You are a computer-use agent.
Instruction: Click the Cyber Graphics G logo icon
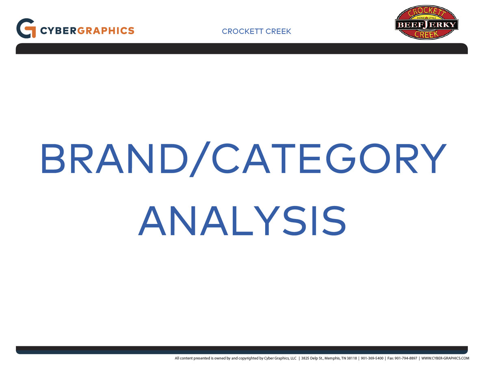click(26, 28)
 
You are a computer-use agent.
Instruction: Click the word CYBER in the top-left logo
click(58, 31)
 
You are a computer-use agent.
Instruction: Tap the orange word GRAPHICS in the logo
click(106, 31)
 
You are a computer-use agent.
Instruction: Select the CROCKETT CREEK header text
click(257, 31)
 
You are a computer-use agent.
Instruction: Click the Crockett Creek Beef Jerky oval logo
click(426, 22)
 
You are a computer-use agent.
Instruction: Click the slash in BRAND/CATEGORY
click(200, 159)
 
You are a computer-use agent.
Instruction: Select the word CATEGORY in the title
click(329, 158)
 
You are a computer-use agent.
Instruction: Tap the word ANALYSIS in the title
click(242, 220)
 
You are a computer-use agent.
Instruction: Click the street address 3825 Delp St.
click(312, 358)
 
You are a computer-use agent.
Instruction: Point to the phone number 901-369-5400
click(372, 358)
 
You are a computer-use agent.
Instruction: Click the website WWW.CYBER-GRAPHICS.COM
click(445, 358)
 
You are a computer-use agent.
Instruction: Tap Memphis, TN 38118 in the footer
click(341, 358)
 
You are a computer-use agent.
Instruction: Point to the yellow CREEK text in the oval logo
click(426, 34)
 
